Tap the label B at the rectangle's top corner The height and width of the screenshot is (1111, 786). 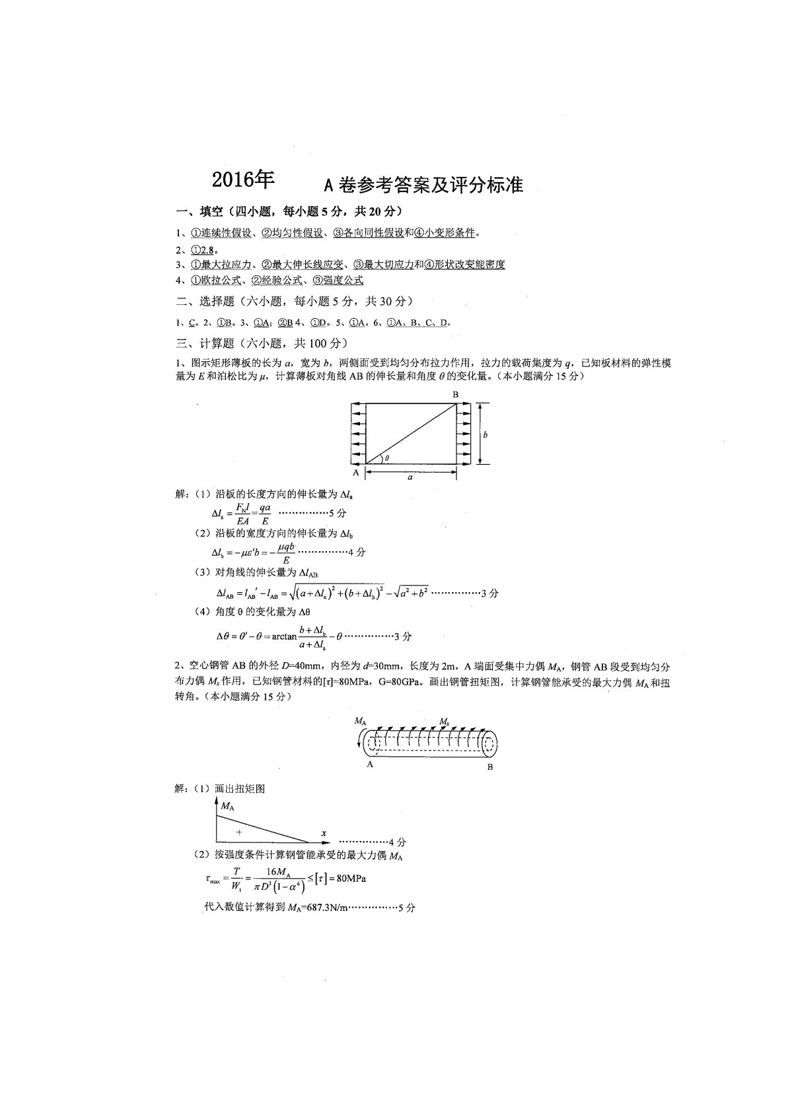click(455, 395)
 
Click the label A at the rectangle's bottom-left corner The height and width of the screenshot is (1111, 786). click(356, 473)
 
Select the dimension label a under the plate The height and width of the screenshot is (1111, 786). click(410, 477)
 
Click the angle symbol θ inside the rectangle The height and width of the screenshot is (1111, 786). click(387, 457)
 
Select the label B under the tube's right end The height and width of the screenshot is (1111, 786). click(489, 766)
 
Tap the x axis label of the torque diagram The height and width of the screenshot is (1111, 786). click(324, 834)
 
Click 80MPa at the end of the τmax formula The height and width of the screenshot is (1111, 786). click(351, 879)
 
